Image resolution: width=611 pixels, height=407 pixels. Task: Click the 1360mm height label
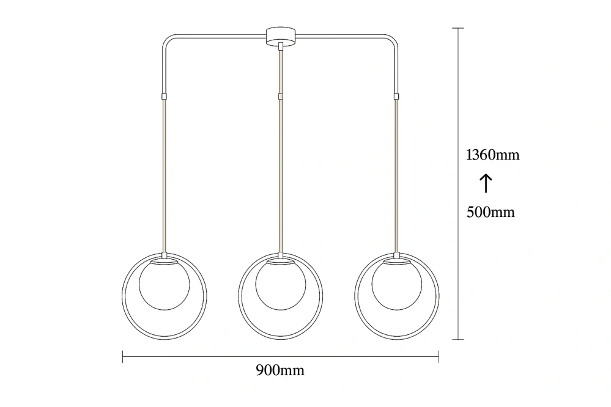(x=492, y=155)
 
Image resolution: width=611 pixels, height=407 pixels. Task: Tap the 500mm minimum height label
(x=491, y=212)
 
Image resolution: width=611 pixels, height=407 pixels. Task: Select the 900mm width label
(x=280, y=370)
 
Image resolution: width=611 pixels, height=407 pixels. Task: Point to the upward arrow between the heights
(x=486, y=183)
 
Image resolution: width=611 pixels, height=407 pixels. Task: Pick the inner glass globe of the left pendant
(x=165, y=285)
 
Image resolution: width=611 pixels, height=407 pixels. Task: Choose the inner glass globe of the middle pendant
(x=281, y=285)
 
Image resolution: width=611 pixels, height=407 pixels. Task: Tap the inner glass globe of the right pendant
(x=397, y=285)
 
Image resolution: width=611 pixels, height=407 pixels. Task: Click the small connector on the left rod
(x=164, y=96)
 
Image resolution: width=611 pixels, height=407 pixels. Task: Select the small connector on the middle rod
(x=281, y=96)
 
